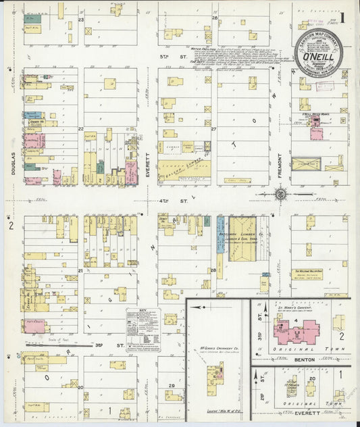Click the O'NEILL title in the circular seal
(317, 57)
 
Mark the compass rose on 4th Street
(280, 195)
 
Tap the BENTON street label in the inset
(303, 361)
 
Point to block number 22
(80, 128)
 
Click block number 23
(80, 20)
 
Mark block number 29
(172, 385)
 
